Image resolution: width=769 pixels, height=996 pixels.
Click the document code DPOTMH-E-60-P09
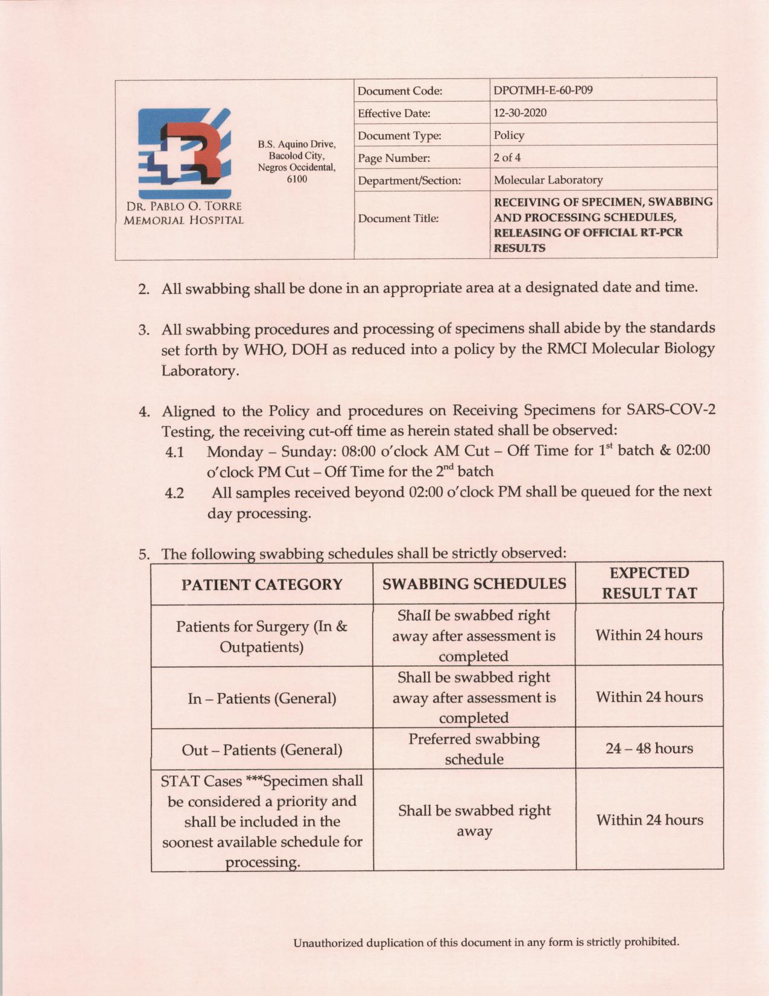click(543, 91)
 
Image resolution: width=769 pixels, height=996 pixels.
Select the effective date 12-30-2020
click(520, 113)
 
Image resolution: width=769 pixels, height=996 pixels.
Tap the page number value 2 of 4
click(507, 158)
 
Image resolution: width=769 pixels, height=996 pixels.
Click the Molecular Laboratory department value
click(548, 180)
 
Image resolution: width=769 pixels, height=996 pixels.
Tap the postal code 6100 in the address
click(296, 179)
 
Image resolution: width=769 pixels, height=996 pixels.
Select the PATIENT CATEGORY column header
click(262, 584)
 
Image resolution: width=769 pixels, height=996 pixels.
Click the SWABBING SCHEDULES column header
click(474, 584)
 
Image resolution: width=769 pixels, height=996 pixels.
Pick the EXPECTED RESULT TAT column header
click(649, 583)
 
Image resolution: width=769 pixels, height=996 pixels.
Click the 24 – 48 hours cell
click(649, 749)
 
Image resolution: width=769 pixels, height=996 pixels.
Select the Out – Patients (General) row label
click(262, 750)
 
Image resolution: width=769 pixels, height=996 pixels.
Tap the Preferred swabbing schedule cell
click(474, 749)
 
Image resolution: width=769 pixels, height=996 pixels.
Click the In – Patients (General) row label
click(262, 698)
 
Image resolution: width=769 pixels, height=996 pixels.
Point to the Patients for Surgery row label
click(262, 636)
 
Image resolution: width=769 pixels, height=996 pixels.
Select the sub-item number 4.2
click(174, 493)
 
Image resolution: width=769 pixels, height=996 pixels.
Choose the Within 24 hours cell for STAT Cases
click(649, 820)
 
